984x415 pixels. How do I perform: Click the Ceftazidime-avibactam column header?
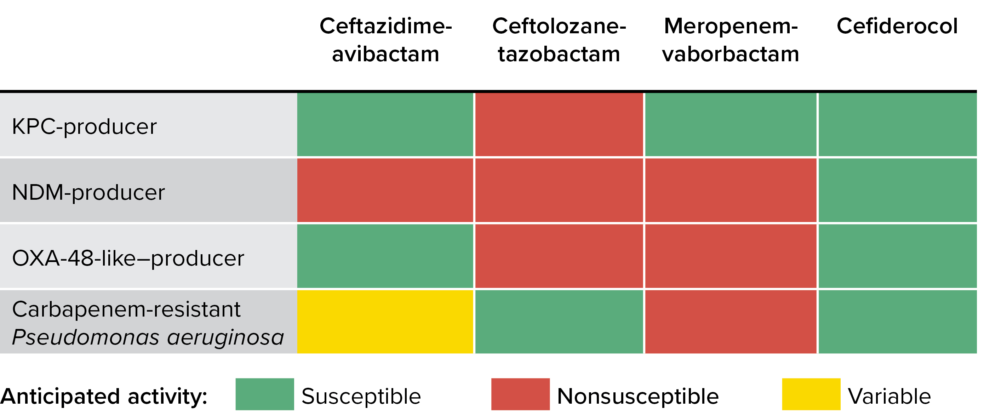385,40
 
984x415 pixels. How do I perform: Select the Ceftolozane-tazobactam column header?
559,40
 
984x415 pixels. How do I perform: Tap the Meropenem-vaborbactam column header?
730,40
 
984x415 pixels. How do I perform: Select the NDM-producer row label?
88,192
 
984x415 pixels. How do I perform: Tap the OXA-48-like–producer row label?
128,258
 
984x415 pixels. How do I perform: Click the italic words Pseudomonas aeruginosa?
148,337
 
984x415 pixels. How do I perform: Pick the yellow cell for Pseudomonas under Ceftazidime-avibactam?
385,322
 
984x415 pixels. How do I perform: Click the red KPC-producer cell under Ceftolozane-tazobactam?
559,125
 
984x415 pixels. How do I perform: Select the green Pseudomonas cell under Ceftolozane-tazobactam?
559,322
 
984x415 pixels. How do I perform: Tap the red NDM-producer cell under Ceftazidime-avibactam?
385,190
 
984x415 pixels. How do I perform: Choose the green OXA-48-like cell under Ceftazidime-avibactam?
385,256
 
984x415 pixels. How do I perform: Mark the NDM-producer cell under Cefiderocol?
897,190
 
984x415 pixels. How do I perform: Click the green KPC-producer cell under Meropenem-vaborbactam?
730,125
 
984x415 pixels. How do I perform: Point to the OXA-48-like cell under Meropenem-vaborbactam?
730,256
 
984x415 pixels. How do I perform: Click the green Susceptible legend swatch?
265,394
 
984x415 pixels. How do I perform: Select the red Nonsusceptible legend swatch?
520,394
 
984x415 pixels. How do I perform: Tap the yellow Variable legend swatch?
811,394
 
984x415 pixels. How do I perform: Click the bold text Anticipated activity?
104,396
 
